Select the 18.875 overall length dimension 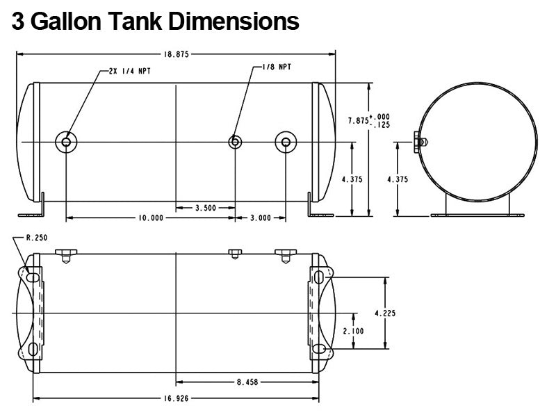(x=177, y=54)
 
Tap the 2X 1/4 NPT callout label (x=130, y=71)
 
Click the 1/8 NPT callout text (x=277, y=67)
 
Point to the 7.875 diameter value (x=358, y=120)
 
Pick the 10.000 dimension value (x=150, y=218)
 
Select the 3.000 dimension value (x=260, y=218)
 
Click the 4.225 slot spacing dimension (x=385, y=313)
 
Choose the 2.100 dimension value (x=353, y=332)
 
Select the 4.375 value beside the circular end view (x=398, y=179)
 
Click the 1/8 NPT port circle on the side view (x=236, y=142)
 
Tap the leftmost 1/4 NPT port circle (x=66, y=142)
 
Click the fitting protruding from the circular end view (x=420, y=142)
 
